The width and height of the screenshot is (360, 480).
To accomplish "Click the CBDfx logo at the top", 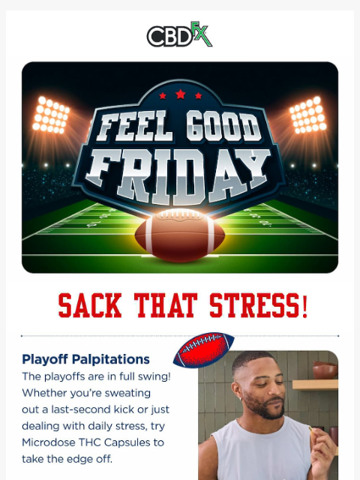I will (x=180, y=34).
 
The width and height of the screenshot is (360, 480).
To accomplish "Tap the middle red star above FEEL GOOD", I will (x=179, y=94).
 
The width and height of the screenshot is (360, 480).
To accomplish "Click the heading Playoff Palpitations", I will (x=85, y=359).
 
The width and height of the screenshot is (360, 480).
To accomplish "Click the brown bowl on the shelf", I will (x=325, y=369).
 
